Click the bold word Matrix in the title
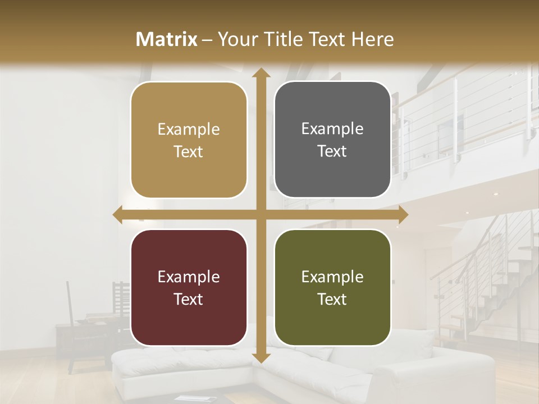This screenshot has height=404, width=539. [167, 39]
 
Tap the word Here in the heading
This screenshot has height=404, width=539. [372, 39]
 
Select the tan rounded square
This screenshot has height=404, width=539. [189, 140]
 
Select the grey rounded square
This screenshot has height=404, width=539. [332, 140]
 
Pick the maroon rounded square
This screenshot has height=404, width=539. [189, 287]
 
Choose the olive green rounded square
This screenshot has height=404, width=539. [332, 287]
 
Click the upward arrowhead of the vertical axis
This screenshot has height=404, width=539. [261, 73]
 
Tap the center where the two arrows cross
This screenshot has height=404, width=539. [261, 214]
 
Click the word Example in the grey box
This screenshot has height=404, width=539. [332, 128]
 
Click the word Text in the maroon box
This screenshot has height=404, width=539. [189, 299]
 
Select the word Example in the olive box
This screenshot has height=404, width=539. [332, 277]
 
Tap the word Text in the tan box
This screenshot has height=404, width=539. [189, 151]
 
